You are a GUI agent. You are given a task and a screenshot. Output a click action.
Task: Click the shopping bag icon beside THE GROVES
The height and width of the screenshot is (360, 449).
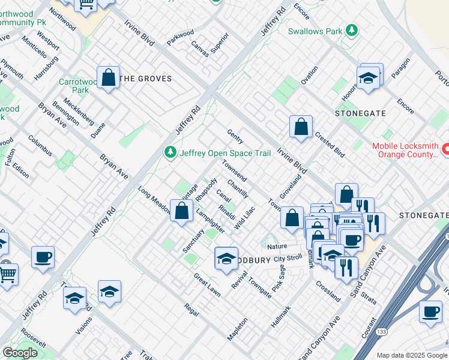108,77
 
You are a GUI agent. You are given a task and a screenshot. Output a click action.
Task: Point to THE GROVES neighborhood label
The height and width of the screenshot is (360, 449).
146,79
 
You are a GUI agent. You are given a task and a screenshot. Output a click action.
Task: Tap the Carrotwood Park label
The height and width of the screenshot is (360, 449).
74,86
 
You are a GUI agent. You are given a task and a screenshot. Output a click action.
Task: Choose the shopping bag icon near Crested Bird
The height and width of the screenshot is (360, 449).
301,127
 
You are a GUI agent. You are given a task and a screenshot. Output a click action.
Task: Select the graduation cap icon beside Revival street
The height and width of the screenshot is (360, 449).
226,259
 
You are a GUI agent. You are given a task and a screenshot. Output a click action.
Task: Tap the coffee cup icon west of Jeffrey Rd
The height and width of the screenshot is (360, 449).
43,257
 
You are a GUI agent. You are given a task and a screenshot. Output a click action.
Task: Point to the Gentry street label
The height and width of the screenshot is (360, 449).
235,136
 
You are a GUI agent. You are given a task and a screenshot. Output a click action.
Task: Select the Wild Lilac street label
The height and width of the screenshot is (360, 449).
245,217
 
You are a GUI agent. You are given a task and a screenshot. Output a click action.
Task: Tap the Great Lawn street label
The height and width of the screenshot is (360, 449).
206,286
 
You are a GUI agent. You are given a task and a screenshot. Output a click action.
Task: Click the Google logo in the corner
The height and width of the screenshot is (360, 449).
20,353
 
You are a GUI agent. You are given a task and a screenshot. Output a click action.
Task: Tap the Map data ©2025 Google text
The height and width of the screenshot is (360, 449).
412,355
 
